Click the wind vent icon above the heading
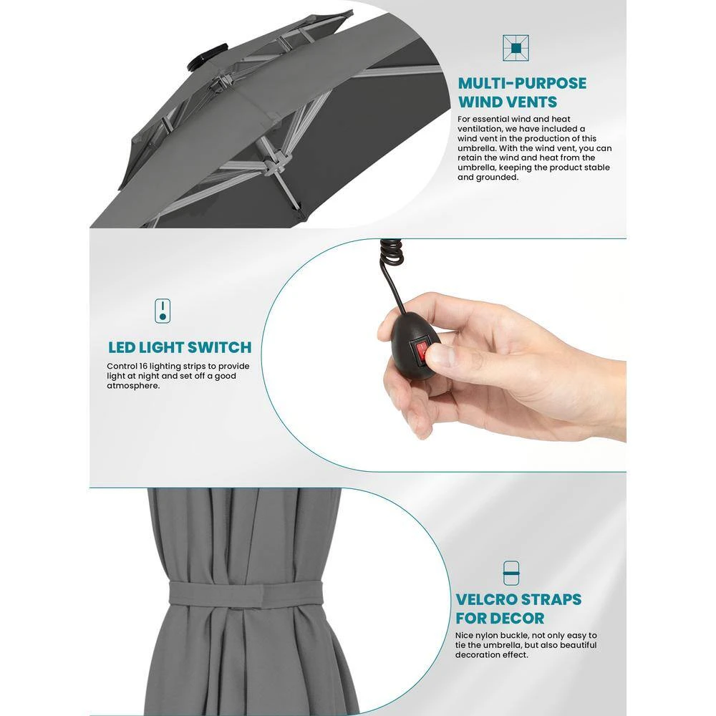coord(516,48)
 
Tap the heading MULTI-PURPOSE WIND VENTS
coord(522,92)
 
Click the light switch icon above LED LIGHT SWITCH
coord(163,311)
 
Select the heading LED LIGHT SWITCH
coord(180,347)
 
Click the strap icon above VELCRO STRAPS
coord(511,573)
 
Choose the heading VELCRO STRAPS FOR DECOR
coord(518,609)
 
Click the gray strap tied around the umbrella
coord(245,594)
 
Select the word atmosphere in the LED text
coord(133,386)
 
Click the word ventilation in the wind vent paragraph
coord(479,129)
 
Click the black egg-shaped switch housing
coord(409,346)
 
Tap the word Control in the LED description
coord(122,366)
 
